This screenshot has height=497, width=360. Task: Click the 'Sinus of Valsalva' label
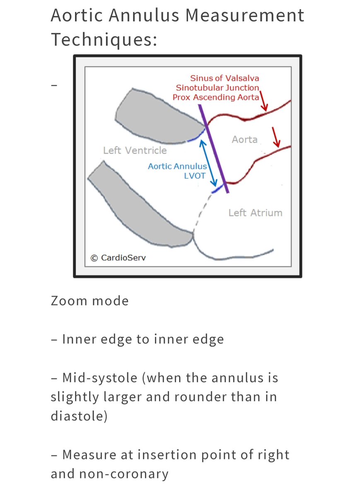225,78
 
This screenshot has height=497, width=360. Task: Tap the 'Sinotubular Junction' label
217,87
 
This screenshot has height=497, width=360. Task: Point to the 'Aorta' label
244,140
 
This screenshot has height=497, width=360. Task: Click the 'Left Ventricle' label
135,150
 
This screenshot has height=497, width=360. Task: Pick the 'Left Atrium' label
255,213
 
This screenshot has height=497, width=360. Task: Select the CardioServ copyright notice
118,258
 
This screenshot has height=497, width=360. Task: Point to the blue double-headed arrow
208,163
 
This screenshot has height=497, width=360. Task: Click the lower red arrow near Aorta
275,138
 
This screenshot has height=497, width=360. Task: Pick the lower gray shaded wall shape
141,207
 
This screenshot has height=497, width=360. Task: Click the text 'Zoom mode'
89,300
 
